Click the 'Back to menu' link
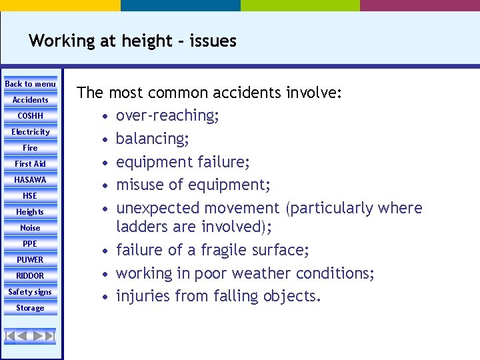pyautogui.click(x=31, y=84)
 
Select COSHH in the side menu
pyautogui.click(x=31, y=116)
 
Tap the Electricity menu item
pyautogui.click(x=31, y=132)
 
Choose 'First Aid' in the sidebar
pyautogui.click(x=31, y=164)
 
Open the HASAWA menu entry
pyautogui.click(x=31, y=180)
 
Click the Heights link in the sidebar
pyautogui.click(x=31, y=212)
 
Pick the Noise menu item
pyautogui.click(x=31, y=228)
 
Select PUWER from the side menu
pyautogui.click(x=31, y=260)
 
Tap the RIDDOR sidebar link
pyautogui.click(x=31, y=276)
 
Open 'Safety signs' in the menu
pyautogui.click(x=31, y=292)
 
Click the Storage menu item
pyautogui.click(x=31, y=308)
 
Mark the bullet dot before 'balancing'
pyautogui.click(x=106, y=139)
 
